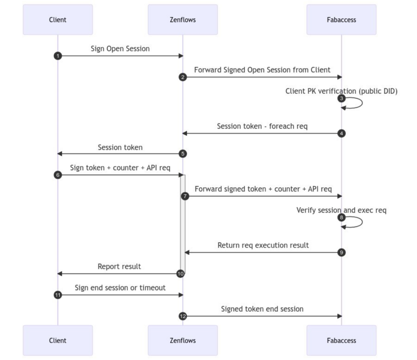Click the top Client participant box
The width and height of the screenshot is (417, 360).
click(x=57, y=20)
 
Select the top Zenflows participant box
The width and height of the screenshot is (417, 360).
click(x=182, y=20)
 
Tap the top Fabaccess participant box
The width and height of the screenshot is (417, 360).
click(x=341, y=20)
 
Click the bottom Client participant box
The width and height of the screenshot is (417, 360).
click(x=57, y=340)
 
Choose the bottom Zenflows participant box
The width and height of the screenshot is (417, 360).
click(x=182, y=340)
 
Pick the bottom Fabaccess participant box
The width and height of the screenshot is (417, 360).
click(x=341, y=340)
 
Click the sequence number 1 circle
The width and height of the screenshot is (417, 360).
click(x=58, y=56)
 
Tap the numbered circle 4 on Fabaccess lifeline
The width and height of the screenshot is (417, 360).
click(x=342, y=133)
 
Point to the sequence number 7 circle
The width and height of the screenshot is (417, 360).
click(x=185, y=196)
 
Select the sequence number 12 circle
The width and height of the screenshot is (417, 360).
click(x=183, y=316)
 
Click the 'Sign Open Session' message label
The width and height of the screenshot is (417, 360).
click(x=120, y=48)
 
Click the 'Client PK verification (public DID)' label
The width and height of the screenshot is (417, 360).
click(x=341, y=91)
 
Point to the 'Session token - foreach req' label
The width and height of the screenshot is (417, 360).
click(x=262, y=126)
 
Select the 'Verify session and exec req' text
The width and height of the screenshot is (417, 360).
click(x=341, y=210)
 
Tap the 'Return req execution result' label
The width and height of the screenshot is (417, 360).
click(x=263, y=245)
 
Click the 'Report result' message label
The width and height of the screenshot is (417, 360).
click(x=119, y=266)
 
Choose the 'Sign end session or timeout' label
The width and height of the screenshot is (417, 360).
click(x=120, y=288)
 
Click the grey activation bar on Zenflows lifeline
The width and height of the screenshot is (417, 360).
click(x=183, y=224)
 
